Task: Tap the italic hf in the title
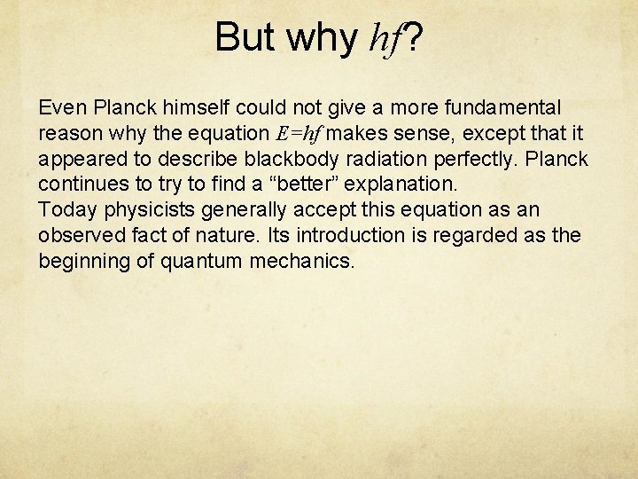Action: (x=385, y=38)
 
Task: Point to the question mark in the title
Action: (x=414, y=36)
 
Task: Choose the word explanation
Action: (x=396, y=185)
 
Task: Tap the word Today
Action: (x=63, y=210)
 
